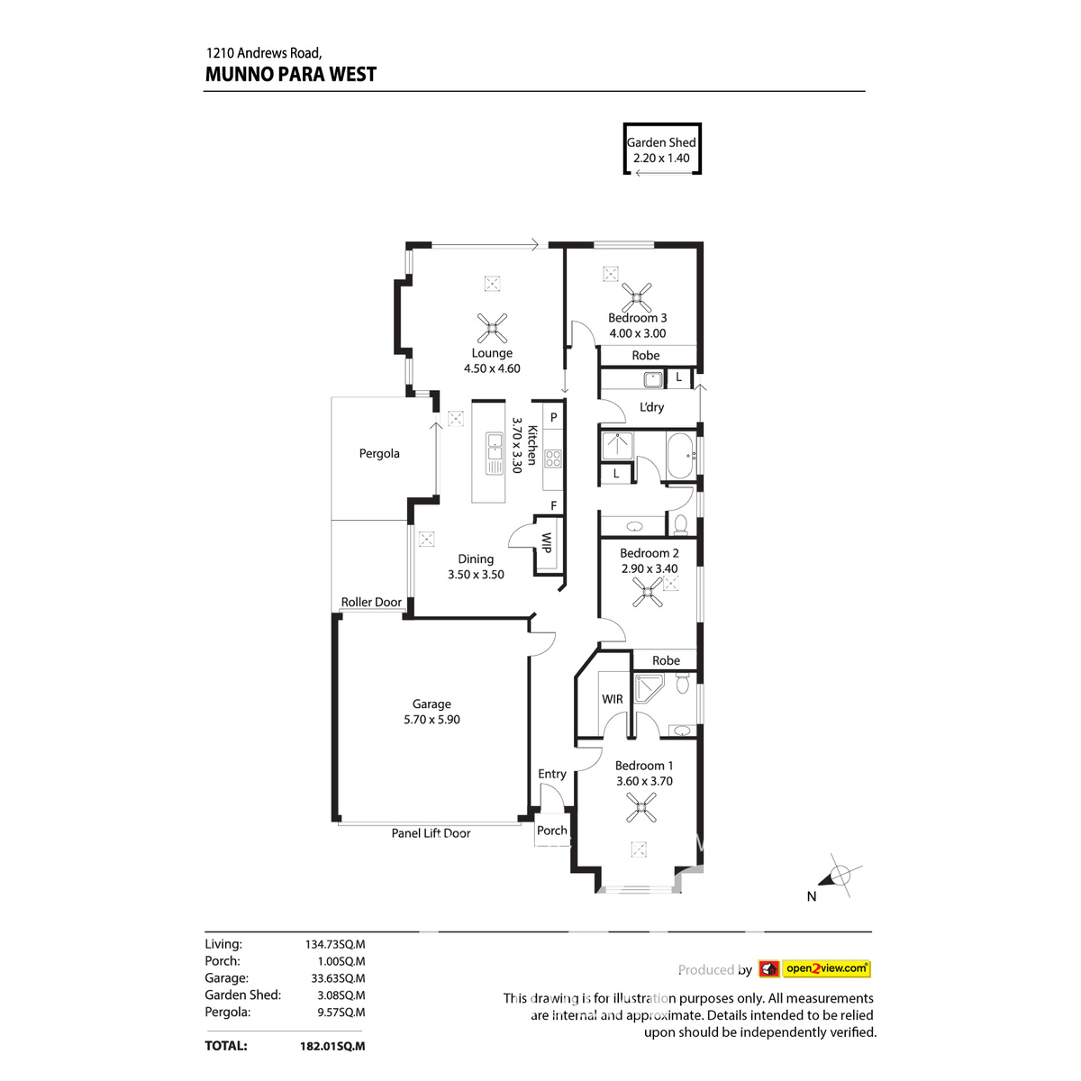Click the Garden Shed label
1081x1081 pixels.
coord(661,142)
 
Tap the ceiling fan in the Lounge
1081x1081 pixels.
coord(492,328)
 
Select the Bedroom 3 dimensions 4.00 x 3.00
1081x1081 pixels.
coord(638,333)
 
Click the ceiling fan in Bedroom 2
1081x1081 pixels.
coord(648,592)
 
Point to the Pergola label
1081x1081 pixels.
coord(379,453)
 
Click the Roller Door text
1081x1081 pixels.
coord(371,602)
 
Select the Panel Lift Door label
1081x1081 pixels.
coord(431,833)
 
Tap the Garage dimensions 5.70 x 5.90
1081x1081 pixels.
coord(431,720)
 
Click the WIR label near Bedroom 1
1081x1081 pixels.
coord(613,699)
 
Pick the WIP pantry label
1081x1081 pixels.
coord(546,542)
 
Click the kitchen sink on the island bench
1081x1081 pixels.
coord(495,453)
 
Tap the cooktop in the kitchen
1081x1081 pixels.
coord(552,459)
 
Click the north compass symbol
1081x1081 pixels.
coord(839,875)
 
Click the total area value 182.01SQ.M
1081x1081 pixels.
coord(332,1046)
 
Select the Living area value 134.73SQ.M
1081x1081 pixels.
coord(335,944)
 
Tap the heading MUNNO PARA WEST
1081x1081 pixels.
coord(291,75)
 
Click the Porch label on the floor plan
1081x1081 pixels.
coord(552,831)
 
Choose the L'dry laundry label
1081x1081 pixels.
coord(651,407)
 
